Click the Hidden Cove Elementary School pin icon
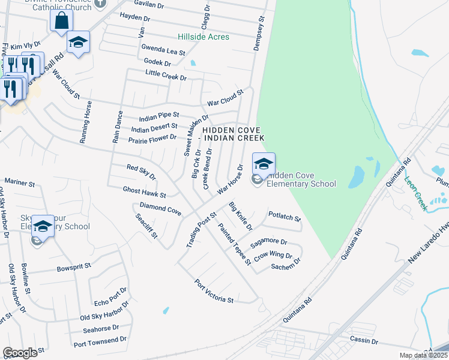click(264, 163)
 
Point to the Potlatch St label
click(284, 216)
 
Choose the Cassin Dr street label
click(363, 341)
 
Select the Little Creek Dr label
click(166, 75)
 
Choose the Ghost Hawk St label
click(144, 192)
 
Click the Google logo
click(20, 353)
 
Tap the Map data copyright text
click(424, 355)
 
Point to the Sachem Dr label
click(285, 265)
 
